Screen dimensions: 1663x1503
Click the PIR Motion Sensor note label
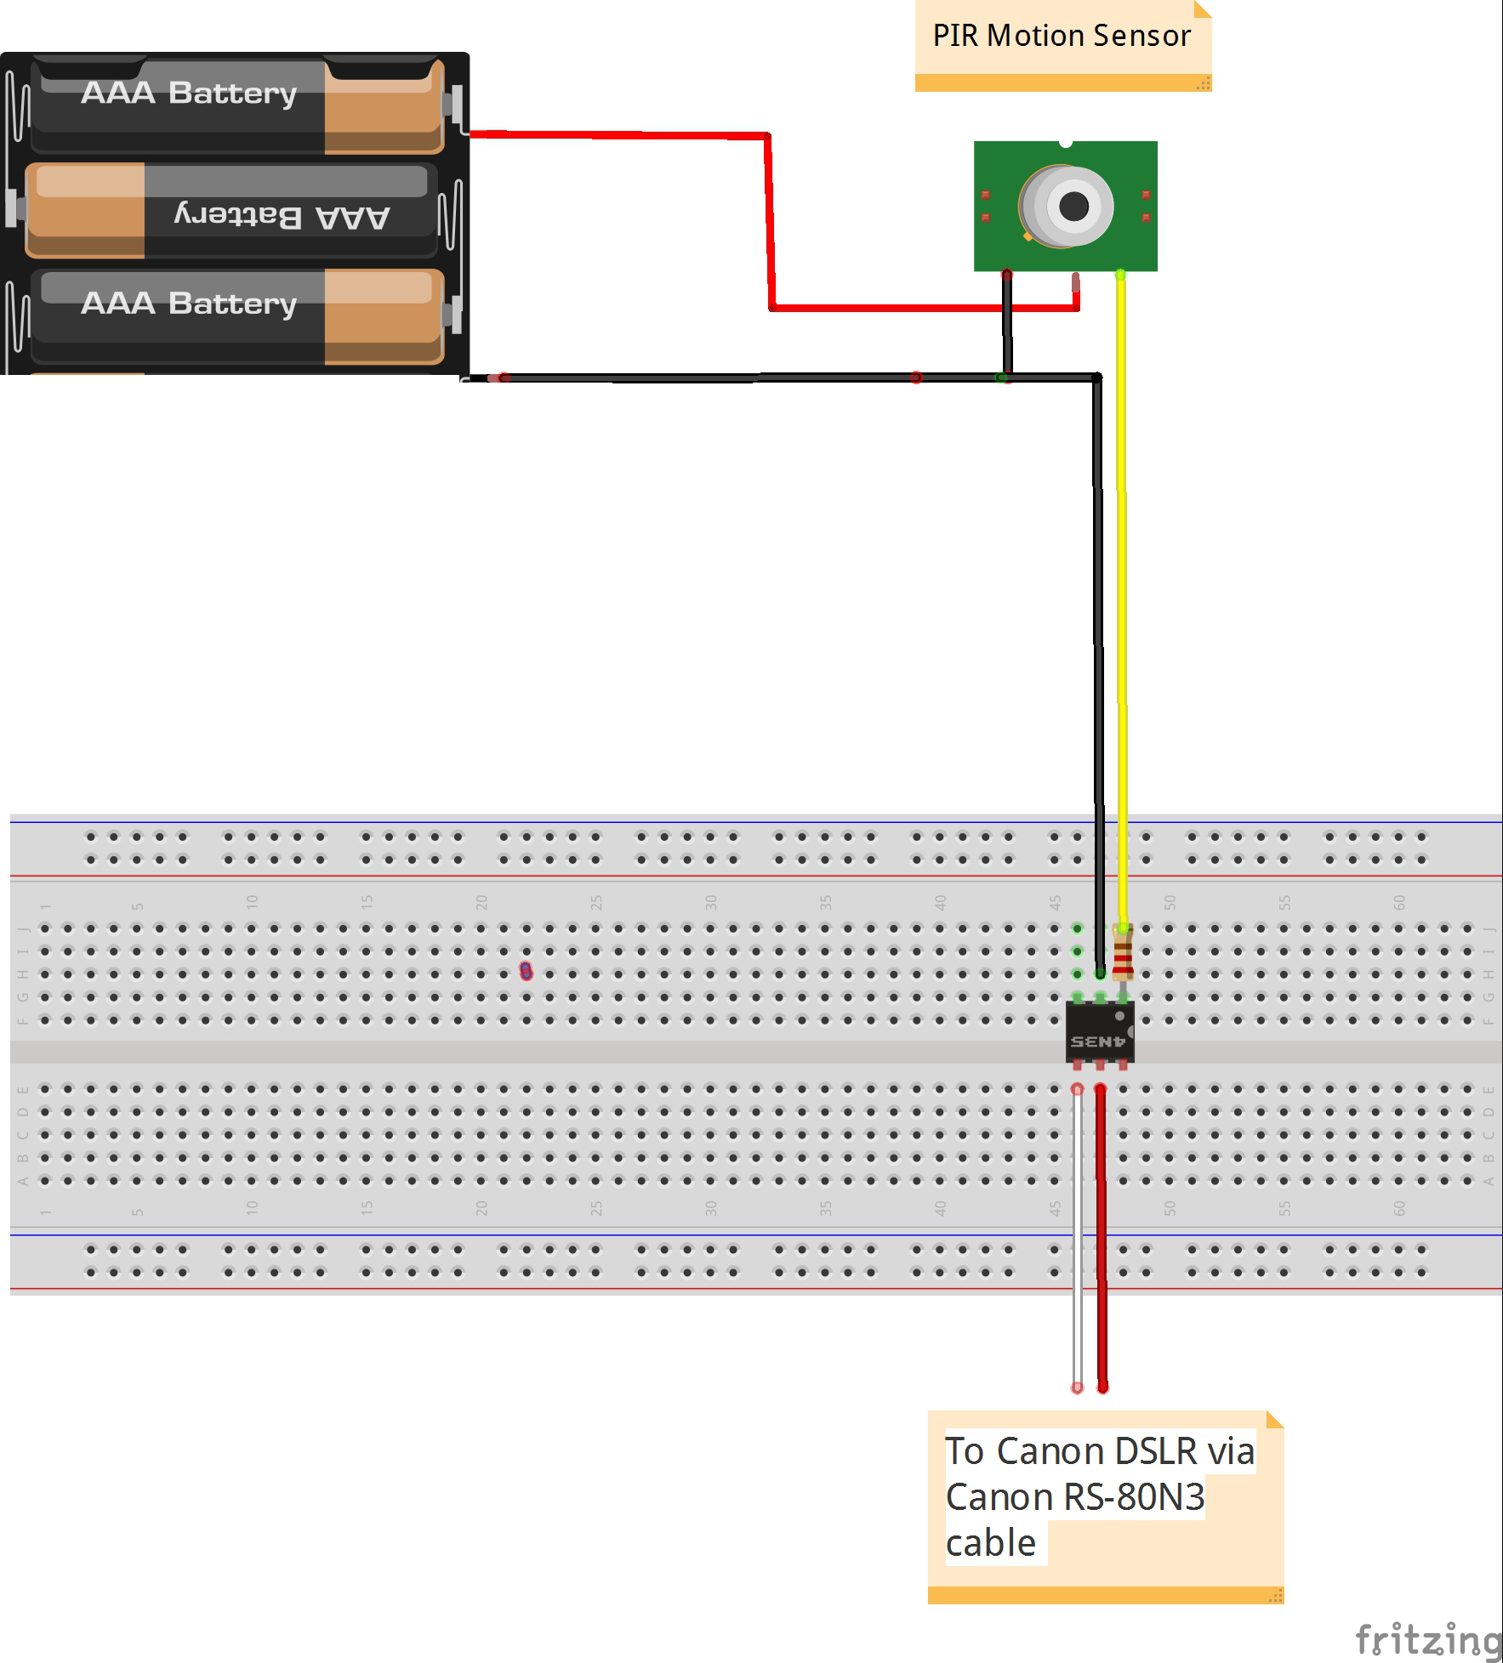point(1061,37)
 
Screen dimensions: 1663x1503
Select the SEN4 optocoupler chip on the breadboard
point(1098,1032)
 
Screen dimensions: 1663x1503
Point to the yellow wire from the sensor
point(1122,595)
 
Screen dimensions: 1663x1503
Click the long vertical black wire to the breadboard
point(1098,638)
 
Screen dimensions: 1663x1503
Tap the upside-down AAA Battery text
point(282,215)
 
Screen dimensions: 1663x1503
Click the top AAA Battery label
point(189,93)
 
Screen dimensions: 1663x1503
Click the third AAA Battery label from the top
point(189,304)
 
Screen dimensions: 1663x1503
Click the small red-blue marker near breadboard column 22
point(526,971)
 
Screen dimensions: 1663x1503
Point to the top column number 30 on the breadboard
point(711,902)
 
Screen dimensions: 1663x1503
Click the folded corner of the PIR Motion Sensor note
point(1201,9)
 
